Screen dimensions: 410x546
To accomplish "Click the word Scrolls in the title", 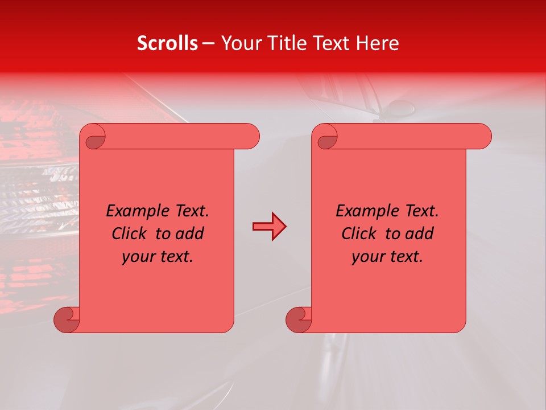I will [167, 43].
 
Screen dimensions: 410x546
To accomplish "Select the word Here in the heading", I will [377, 43].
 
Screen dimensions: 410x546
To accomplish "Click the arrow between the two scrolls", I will [269, 227].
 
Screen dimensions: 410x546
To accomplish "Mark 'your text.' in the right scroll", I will [387, 257].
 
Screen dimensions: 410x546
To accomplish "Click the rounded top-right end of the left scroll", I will [250, 136].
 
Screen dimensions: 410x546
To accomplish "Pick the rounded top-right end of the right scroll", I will [482, 136].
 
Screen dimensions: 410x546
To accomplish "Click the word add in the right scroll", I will [417, 233].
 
